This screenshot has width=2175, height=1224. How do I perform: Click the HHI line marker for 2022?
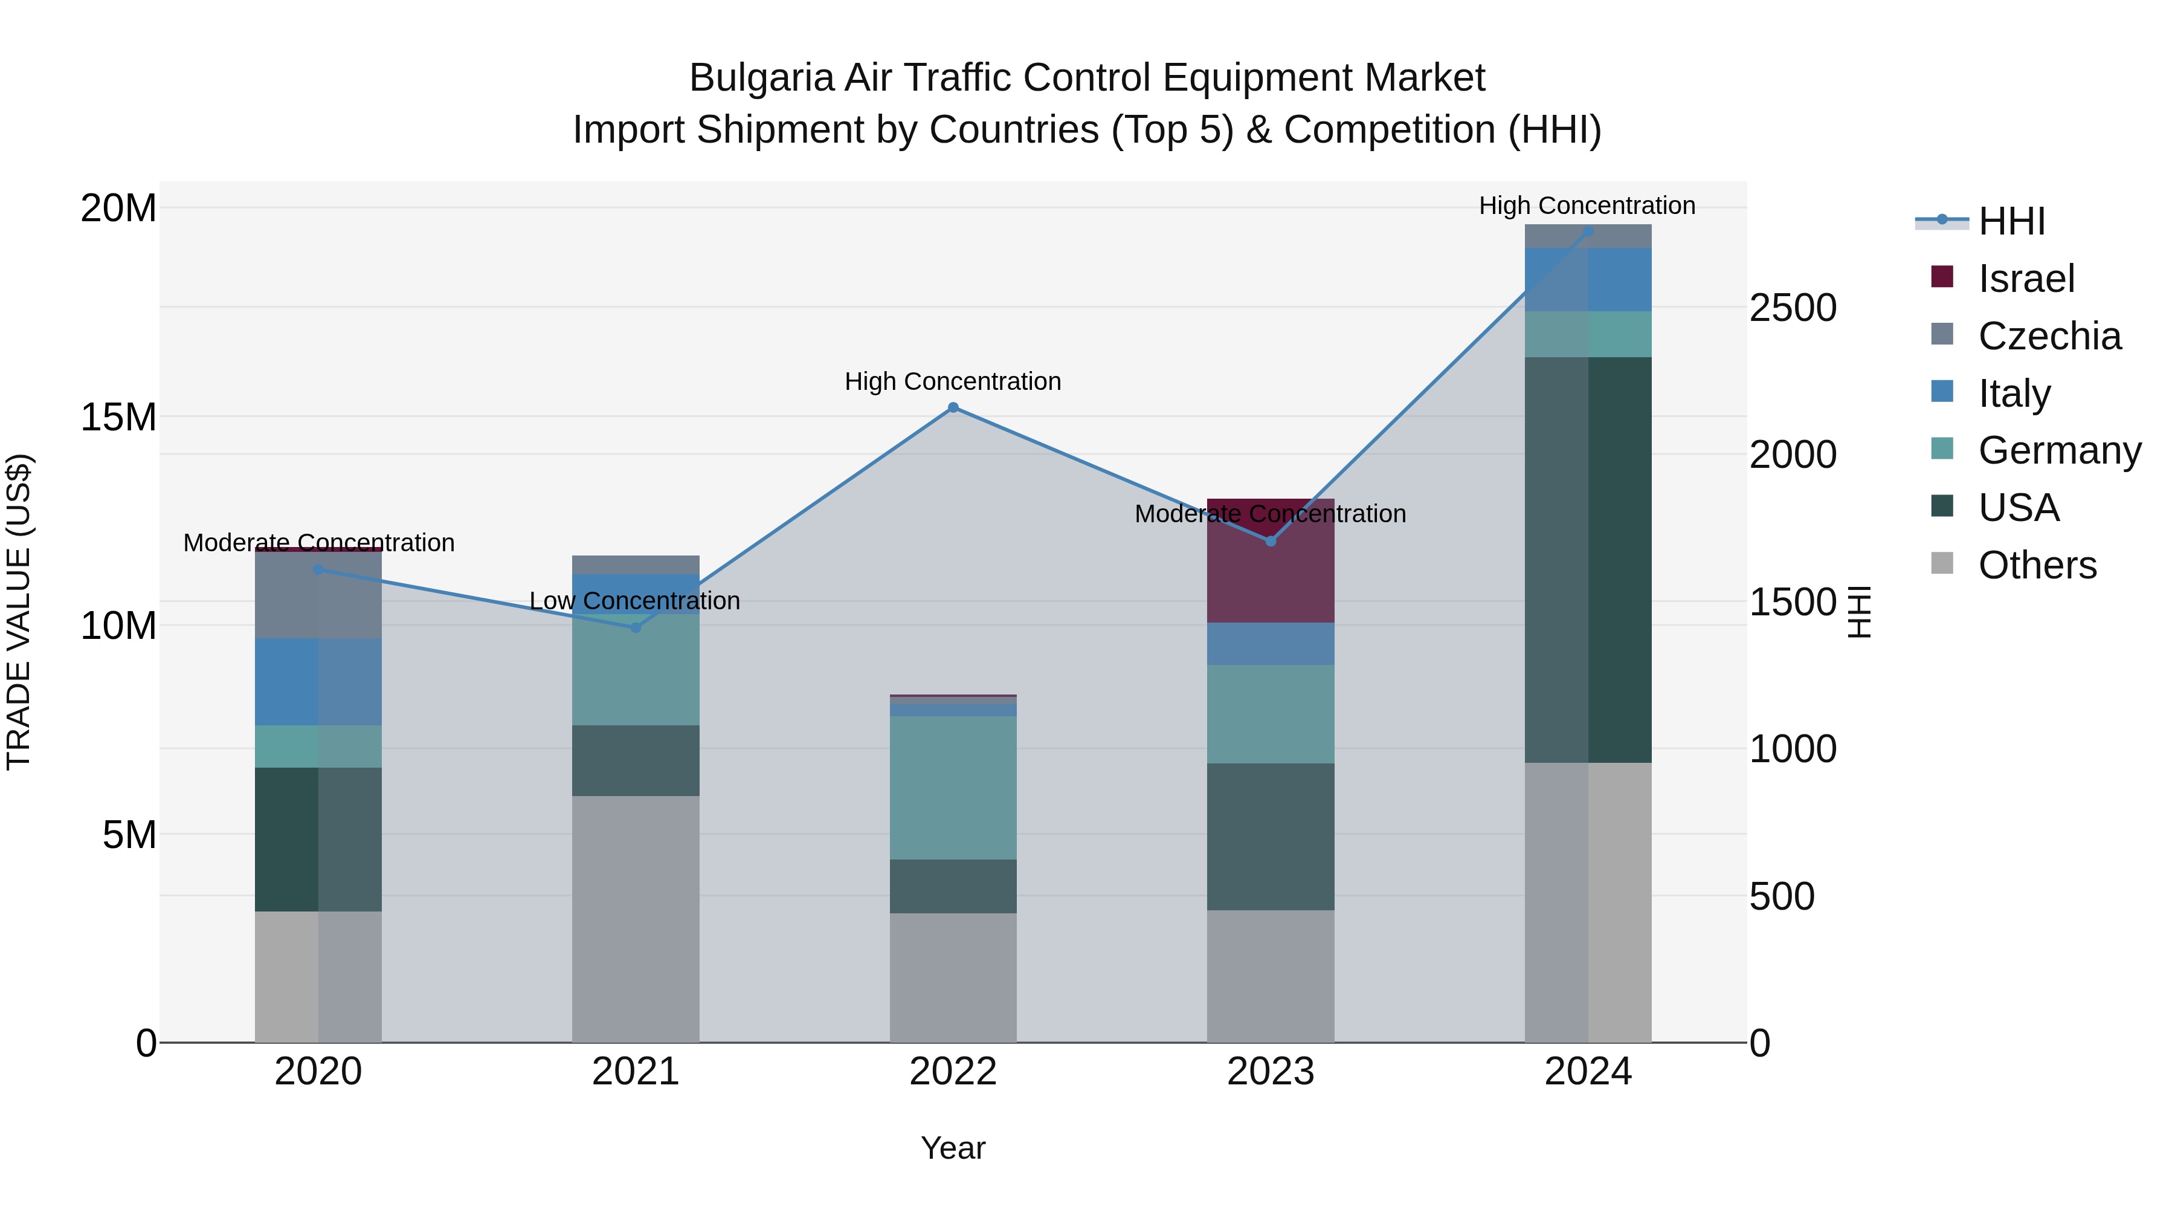(x=953, y=407)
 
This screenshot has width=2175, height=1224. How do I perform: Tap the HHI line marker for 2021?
(x=636, y=627)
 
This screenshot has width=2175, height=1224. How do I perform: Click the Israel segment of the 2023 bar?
(x=1271, y=574)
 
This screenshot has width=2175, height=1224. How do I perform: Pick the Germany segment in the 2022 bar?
(x=953, y=787)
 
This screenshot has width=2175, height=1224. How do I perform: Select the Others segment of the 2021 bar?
(x=636, y=918)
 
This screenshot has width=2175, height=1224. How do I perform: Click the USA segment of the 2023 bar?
(x=1271, y=837)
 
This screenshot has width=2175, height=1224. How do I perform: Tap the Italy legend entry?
(x=2014, y=393)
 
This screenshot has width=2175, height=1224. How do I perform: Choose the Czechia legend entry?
(x=2049, y=336)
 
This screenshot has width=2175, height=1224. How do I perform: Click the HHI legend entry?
(x=2011, y=221)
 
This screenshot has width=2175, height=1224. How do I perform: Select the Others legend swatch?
(x=1942, y=563)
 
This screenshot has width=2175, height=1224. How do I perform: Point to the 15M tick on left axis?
(x=118, y=417)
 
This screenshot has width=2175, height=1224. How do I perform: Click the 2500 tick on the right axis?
(x=1793, y=308)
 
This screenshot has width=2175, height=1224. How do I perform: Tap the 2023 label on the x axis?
(x=1271, y=1072)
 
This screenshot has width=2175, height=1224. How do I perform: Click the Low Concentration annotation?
(x=635, y=601)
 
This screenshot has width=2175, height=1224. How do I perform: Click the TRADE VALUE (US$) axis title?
(x=19, y=612)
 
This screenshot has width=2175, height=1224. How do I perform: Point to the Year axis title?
(x=953, y=1148)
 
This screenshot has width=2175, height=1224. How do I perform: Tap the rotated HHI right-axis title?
(x=1858, y=612)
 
